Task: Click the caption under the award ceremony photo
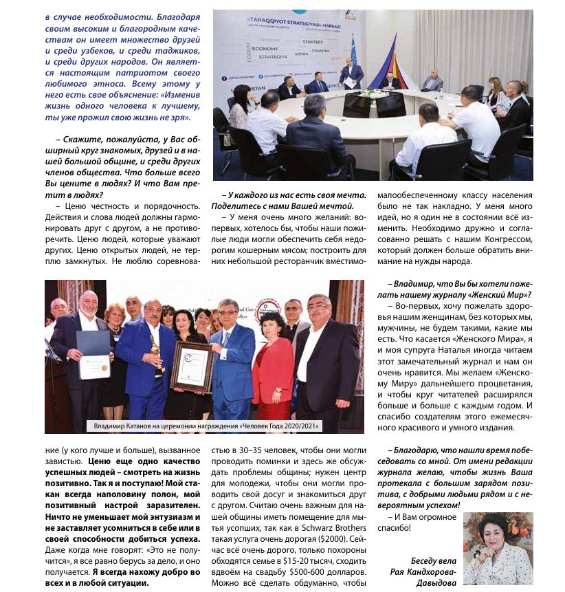[x=204, y=426]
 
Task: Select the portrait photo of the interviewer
[x=498, y=549]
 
